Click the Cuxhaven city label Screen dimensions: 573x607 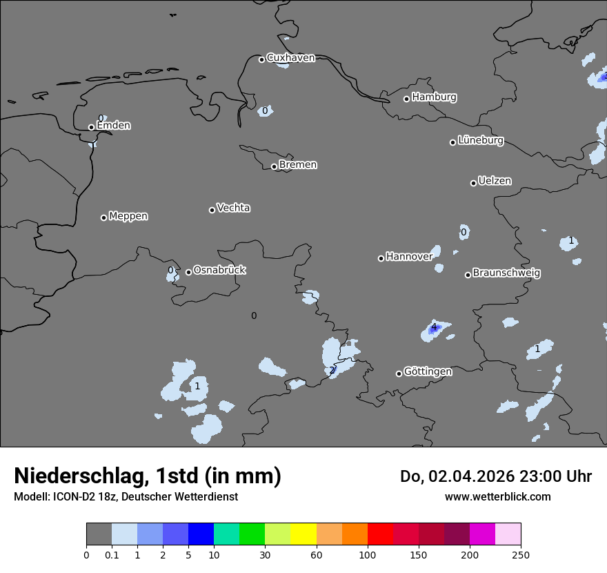(x=290, y=58)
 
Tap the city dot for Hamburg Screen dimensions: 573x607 (x=406, y=99)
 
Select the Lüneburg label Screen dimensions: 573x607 (x=480, y=141)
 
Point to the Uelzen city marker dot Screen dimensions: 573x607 (x=473, y=183)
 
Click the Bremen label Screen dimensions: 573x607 (x=298, y=165)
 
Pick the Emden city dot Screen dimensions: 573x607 (x=91, y=127)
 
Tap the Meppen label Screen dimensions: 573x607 (x=128, y=216)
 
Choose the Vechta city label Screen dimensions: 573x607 (x=233, y=208)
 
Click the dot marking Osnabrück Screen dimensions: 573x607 (x=188, y=272)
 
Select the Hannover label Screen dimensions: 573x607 (x=409, y=257)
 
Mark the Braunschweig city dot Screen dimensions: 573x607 (x=468, y=275)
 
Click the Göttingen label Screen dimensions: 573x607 (x=428, y=371)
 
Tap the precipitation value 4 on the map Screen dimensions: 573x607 (x=434, y=327)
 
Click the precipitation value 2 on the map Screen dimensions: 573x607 (x=332, y=370)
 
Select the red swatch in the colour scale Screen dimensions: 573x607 (x=380, y=534)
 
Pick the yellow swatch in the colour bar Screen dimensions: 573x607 (x=303, y=534)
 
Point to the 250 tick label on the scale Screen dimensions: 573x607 (x=521, y=554)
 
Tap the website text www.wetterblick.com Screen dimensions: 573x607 (x=498, y=496)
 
